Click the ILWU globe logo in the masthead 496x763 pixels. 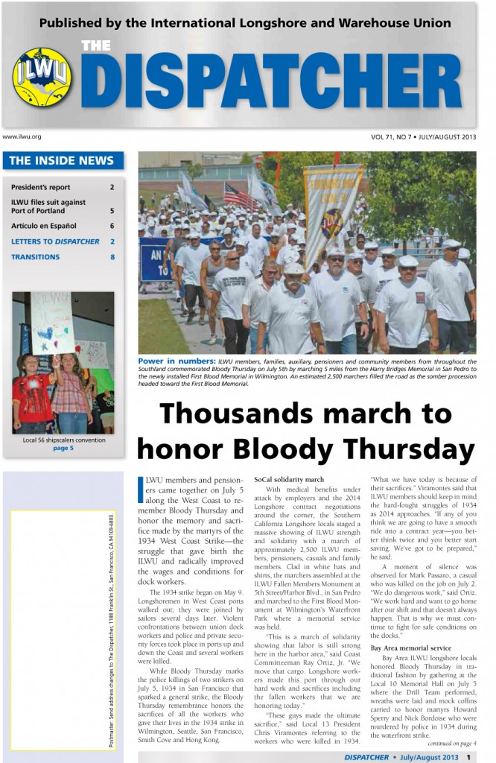pyautogui.click(x=42, y=76)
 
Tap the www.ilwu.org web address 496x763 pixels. pyautogui.click(x=22, y=137)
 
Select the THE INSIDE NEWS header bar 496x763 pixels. pyautogui.click(x=63, y=160)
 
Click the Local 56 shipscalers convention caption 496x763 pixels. pyautogui.click(x=63, y=440)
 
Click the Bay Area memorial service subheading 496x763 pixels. pyautogui.click(x=411, y=648)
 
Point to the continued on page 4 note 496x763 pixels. pyautogui.click(x=452, y=743)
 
